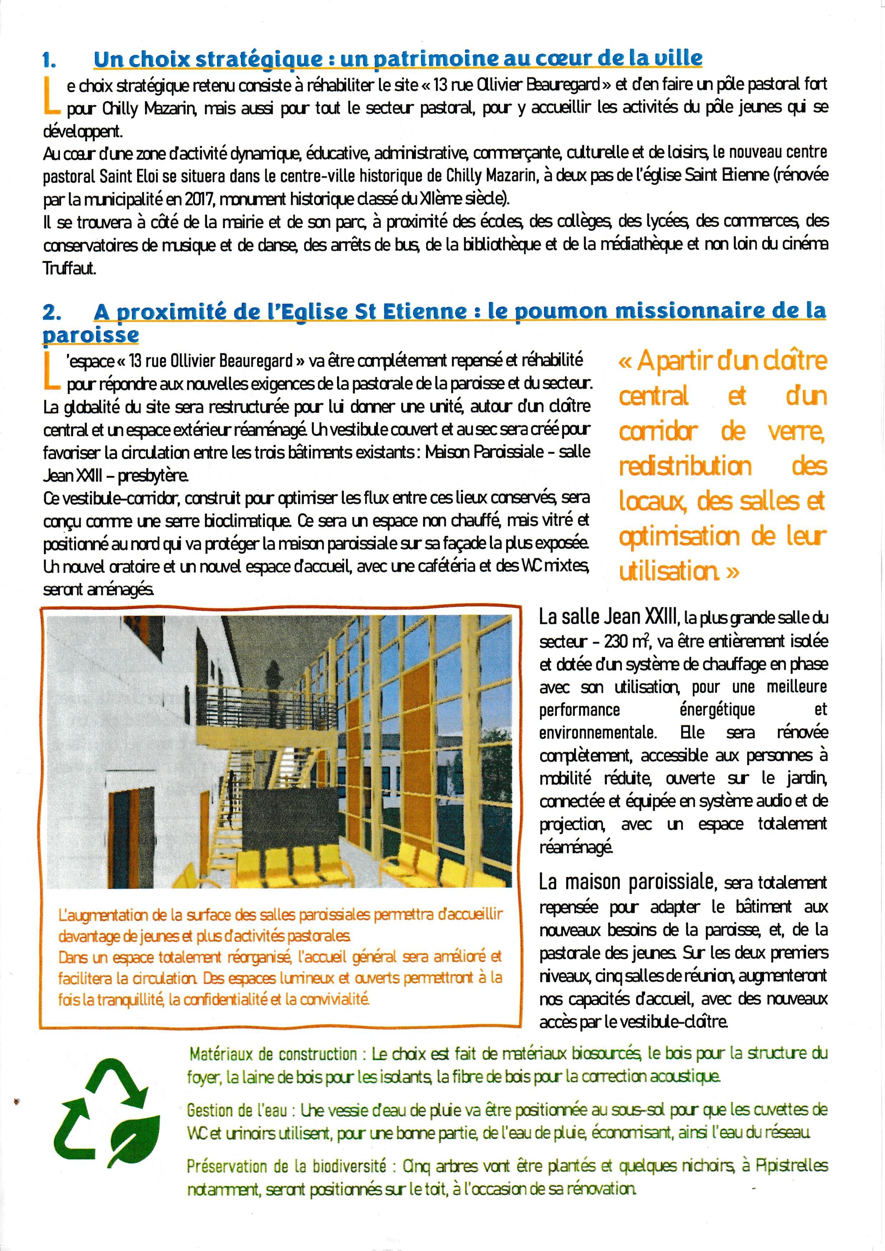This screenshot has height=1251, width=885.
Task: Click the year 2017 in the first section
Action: coord(200,199)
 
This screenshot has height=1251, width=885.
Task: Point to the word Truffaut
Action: coord(69,268)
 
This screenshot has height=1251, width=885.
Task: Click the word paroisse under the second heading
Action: coord(90,335)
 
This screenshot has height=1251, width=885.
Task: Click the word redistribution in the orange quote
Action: coord(685,466)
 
